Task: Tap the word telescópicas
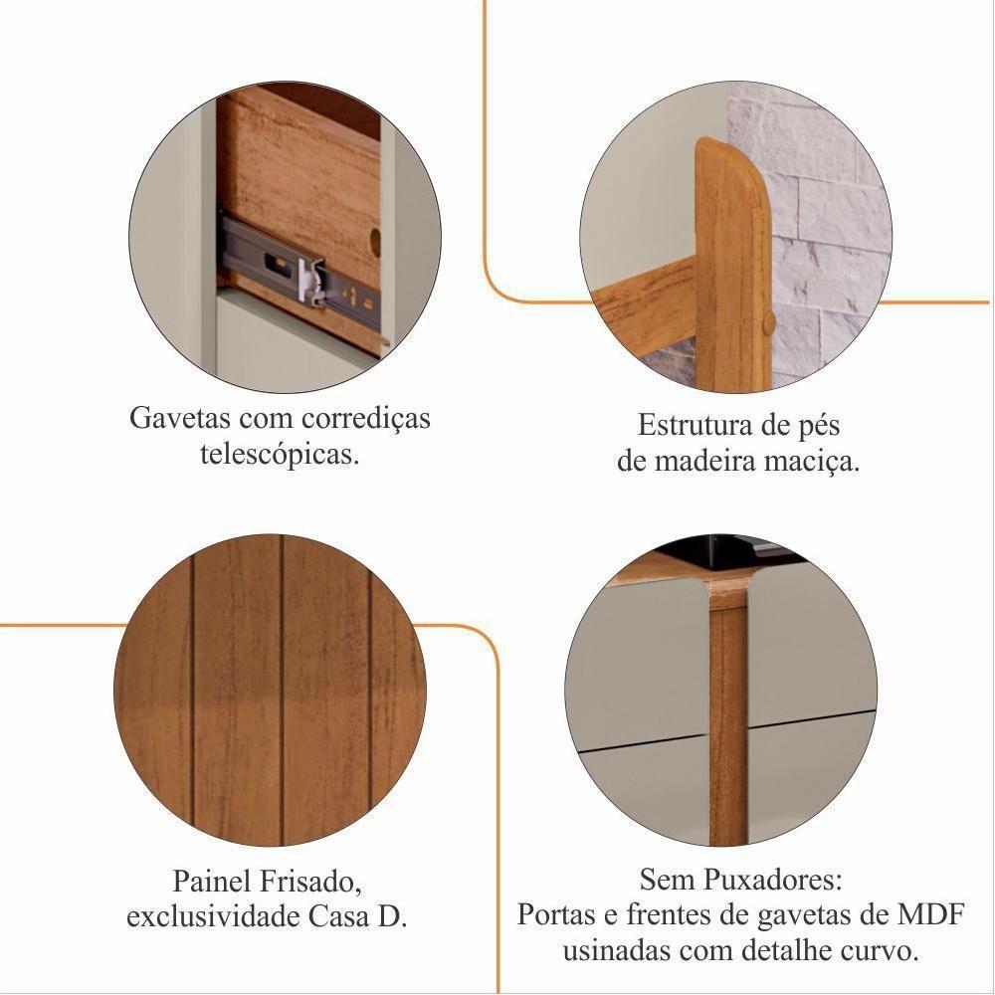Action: point(280,455)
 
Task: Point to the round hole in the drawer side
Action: point(374,240)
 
